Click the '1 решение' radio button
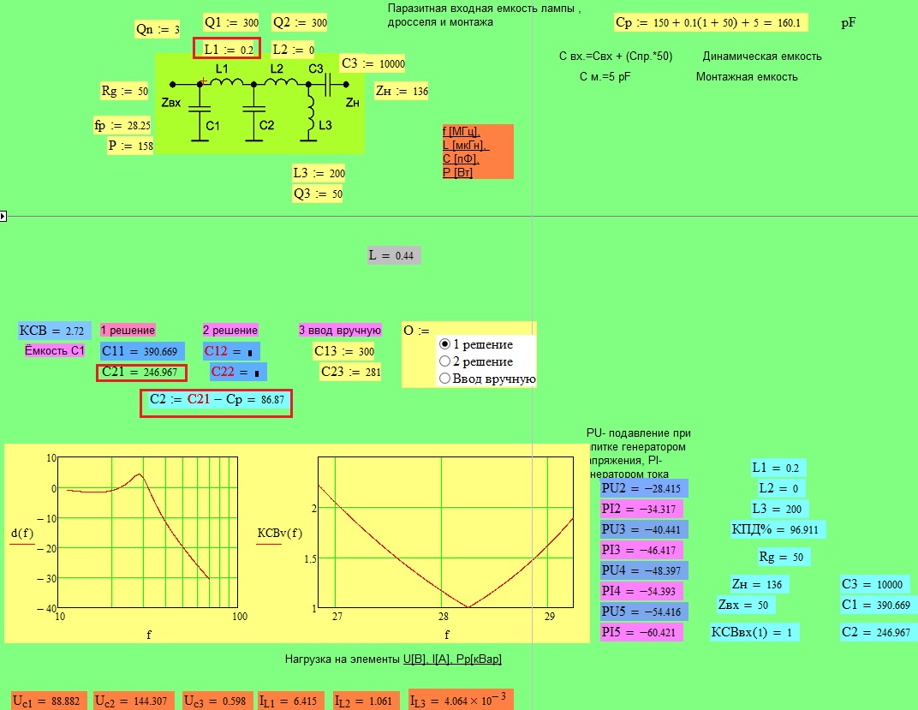[444, 344]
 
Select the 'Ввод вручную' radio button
[444, 378]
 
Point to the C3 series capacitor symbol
[328, 84]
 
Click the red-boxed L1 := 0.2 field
[227, 49]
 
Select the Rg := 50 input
[125, 91]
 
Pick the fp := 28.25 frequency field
[122, 125]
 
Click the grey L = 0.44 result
[393, 255]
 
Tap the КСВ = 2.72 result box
[55, 330]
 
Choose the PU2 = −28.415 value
[644, 488]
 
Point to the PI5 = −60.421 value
[641, 632]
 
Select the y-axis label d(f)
[22, 534]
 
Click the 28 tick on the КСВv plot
[444, 617]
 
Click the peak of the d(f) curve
[140, 474]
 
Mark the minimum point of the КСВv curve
[468, 607]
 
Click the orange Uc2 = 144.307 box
[134, 701]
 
